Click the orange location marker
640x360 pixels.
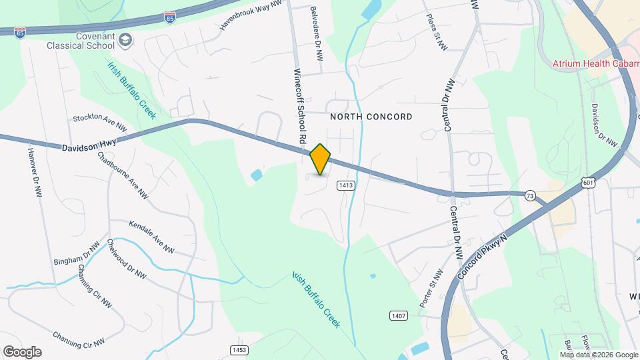pos(321,159)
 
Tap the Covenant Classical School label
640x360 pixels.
pos(79,41)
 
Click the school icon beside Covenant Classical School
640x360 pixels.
pos(125,41)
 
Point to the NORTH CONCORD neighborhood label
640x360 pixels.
pos(371,117)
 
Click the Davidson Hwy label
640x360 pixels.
pos(89,145)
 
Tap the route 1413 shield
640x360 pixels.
pos(345,185)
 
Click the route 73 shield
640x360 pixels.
pos(530,195)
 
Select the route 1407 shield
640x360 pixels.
pos(399,314)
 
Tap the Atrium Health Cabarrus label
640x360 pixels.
pos(596,64)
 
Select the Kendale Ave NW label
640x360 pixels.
pos(151,238)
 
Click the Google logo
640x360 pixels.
pos(22,351)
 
